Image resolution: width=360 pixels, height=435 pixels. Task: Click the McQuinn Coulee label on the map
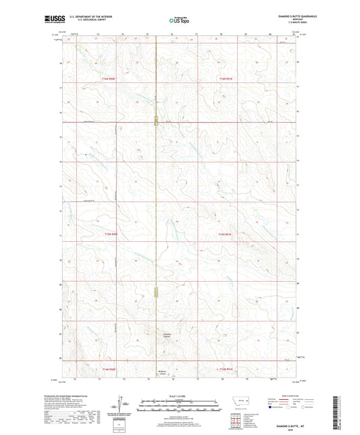click(x=166, y=372)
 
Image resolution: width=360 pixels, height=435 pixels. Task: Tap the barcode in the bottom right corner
click(x=335, y=412)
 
